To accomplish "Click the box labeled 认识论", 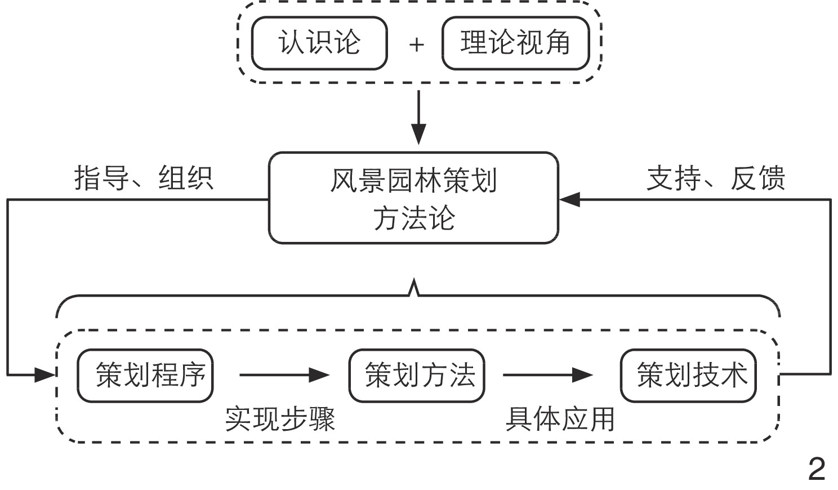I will click(319, 43).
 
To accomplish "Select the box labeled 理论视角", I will click(515, 43).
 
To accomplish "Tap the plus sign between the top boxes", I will click(416, 45).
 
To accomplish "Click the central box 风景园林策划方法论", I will click(413, 198).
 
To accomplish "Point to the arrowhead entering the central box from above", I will click(418, 135).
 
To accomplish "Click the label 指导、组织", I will click(144, 178).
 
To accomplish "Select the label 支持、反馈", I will click(715, 178).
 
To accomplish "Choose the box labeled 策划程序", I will click(145, 376).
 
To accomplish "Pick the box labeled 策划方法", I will click(417, 376).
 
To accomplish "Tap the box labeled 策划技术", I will click(688, 376).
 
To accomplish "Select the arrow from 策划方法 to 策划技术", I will click(547, 374).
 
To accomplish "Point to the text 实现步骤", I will click(280, 419).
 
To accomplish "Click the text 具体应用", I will click(560, 419).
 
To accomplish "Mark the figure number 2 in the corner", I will click(817, 469).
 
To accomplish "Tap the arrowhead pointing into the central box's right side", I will click(569, 199).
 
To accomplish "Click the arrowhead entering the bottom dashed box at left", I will click(45, 374).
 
